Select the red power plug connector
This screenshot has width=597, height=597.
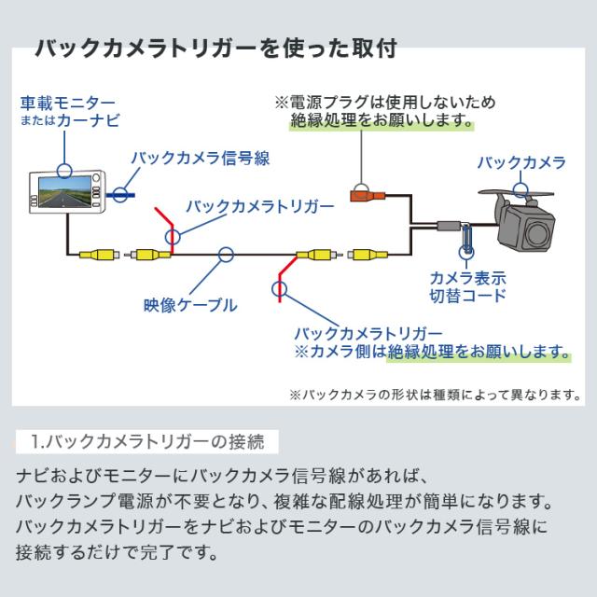point(362,196)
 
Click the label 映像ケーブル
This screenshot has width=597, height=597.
point(190,304)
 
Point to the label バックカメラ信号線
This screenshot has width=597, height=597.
point(200,159)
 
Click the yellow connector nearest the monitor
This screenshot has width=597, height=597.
point(97,253)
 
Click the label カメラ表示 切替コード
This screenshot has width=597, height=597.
point(467,286)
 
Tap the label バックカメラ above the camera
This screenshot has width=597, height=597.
point(521,162)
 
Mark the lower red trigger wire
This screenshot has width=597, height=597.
point(281,284)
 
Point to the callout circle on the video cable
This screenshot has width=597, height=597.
point(225,253)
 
